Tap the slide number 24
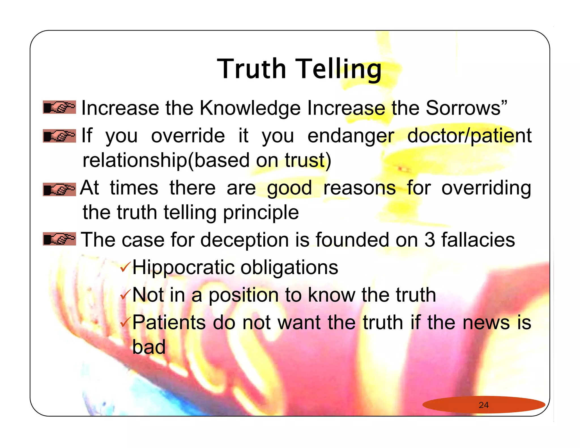point(484,405)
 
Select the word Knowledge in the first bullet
point(250,108)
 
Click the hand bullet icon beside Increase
point(59,107)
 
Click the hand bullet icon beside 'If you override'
point(59,136)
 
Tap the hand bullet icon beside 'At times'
point(59,189)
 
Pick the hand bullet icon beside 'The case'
point(59,239)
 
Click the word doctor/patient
point(469,136)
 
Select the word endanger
point(351,136)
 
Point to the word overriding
point(486,188)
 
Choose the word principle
point(261,213)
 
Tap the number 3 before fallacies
point(430,240)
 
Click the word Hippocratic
point(184,268)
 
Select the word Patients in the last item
point(169,323)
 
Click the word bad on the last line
point(149,347)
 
